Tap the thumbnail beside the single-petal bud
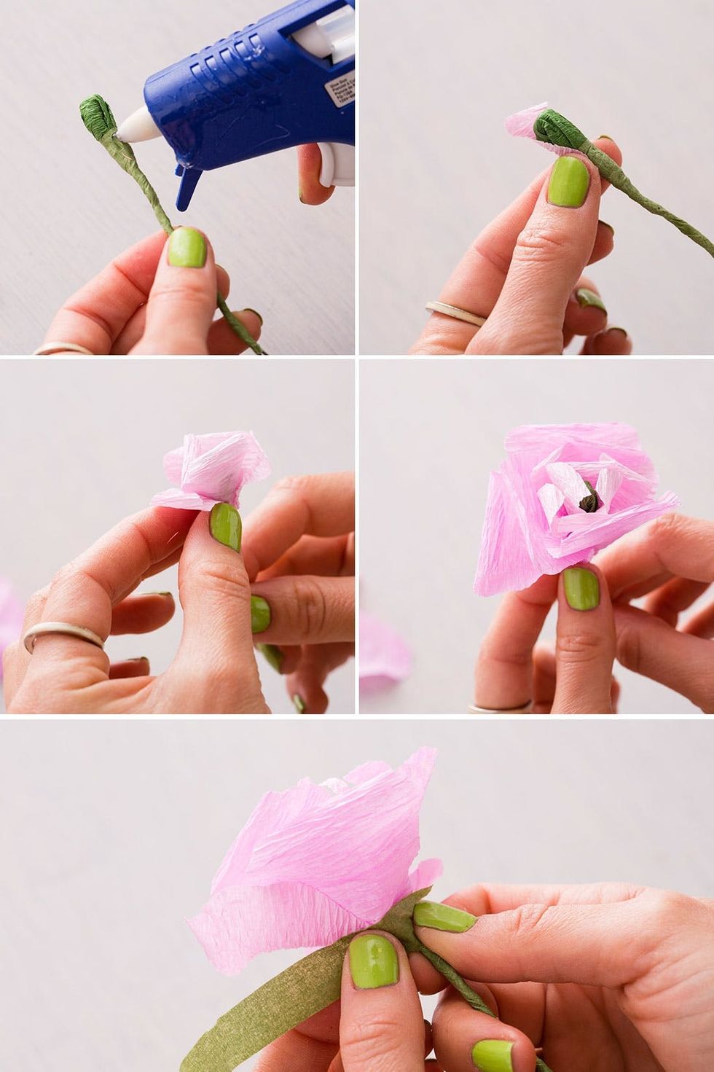568,181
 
